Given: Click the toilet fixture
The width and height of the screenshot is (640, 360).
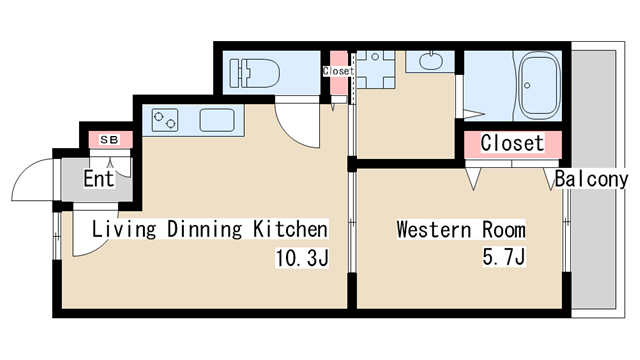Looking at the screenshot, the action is coord(255,73).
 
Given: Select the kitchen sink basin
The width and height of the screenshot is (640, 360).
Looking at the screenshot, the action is coord(217,120).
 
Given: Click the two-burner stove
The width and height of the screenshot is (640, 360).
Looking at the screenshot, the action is coord(165,120).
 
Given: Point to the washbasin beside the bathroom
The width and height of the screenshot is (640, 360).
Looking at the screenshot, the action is coord(431,62).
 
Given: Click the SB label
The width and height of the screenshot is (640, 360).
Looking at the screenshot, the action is coord(109,140).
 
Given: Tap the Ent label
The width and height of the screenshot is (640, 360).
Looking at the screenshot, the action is coord(99,179).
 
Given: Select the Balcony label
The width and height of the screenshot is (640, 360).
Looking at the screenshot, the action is coord(591,179).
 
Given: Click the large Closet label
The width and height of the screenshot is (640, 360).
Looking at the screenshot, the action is coord(512,143).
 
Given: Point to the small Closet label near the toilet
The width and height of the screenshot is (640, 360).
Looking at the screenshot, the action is coord(338,71).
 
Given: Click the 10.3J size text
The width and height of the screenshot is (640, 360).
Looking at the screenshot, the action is coord(302,258).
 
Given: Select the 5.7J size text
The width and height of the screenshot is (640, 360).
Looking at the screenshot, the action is coord(504,257).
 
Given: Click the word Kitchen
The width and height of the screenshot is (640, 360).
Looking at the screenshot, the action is coord(291,229).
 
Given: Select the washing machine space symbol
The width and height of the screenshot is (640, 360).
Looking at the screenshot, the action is coord(376,69).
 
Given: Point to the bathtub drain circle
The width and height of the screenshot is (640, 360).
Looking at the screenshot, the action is coord(527,86).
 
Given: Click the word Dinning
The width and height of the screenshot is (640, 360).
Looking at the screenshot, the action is coord(205,229).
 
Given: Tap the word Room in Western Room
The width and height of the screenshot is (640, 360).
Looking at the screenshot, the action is coord(504,229).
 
